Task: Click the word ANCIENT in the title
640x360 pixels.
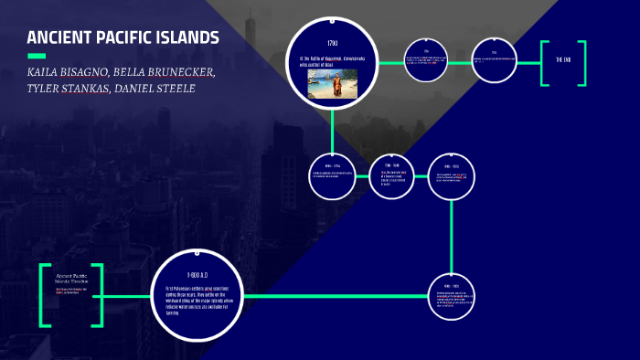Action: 58,37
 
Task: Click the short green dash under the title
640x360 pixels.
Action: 37,56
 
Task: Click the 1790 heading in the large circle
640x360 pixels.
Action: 332,44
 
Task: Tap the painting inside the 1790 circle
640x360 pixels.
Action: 332,84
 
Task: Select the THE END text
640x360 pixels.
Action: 563,60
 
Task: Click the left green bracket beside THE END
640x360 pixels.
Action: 544,63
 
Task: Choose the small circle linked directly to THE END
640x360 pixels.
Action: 494,60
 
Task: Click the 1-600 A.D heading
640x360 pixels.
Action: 198,274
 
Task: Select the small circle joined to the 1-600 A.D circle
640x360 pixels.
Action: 452,296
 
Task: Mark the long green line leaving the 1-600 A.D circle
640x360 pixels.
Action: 338,296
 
